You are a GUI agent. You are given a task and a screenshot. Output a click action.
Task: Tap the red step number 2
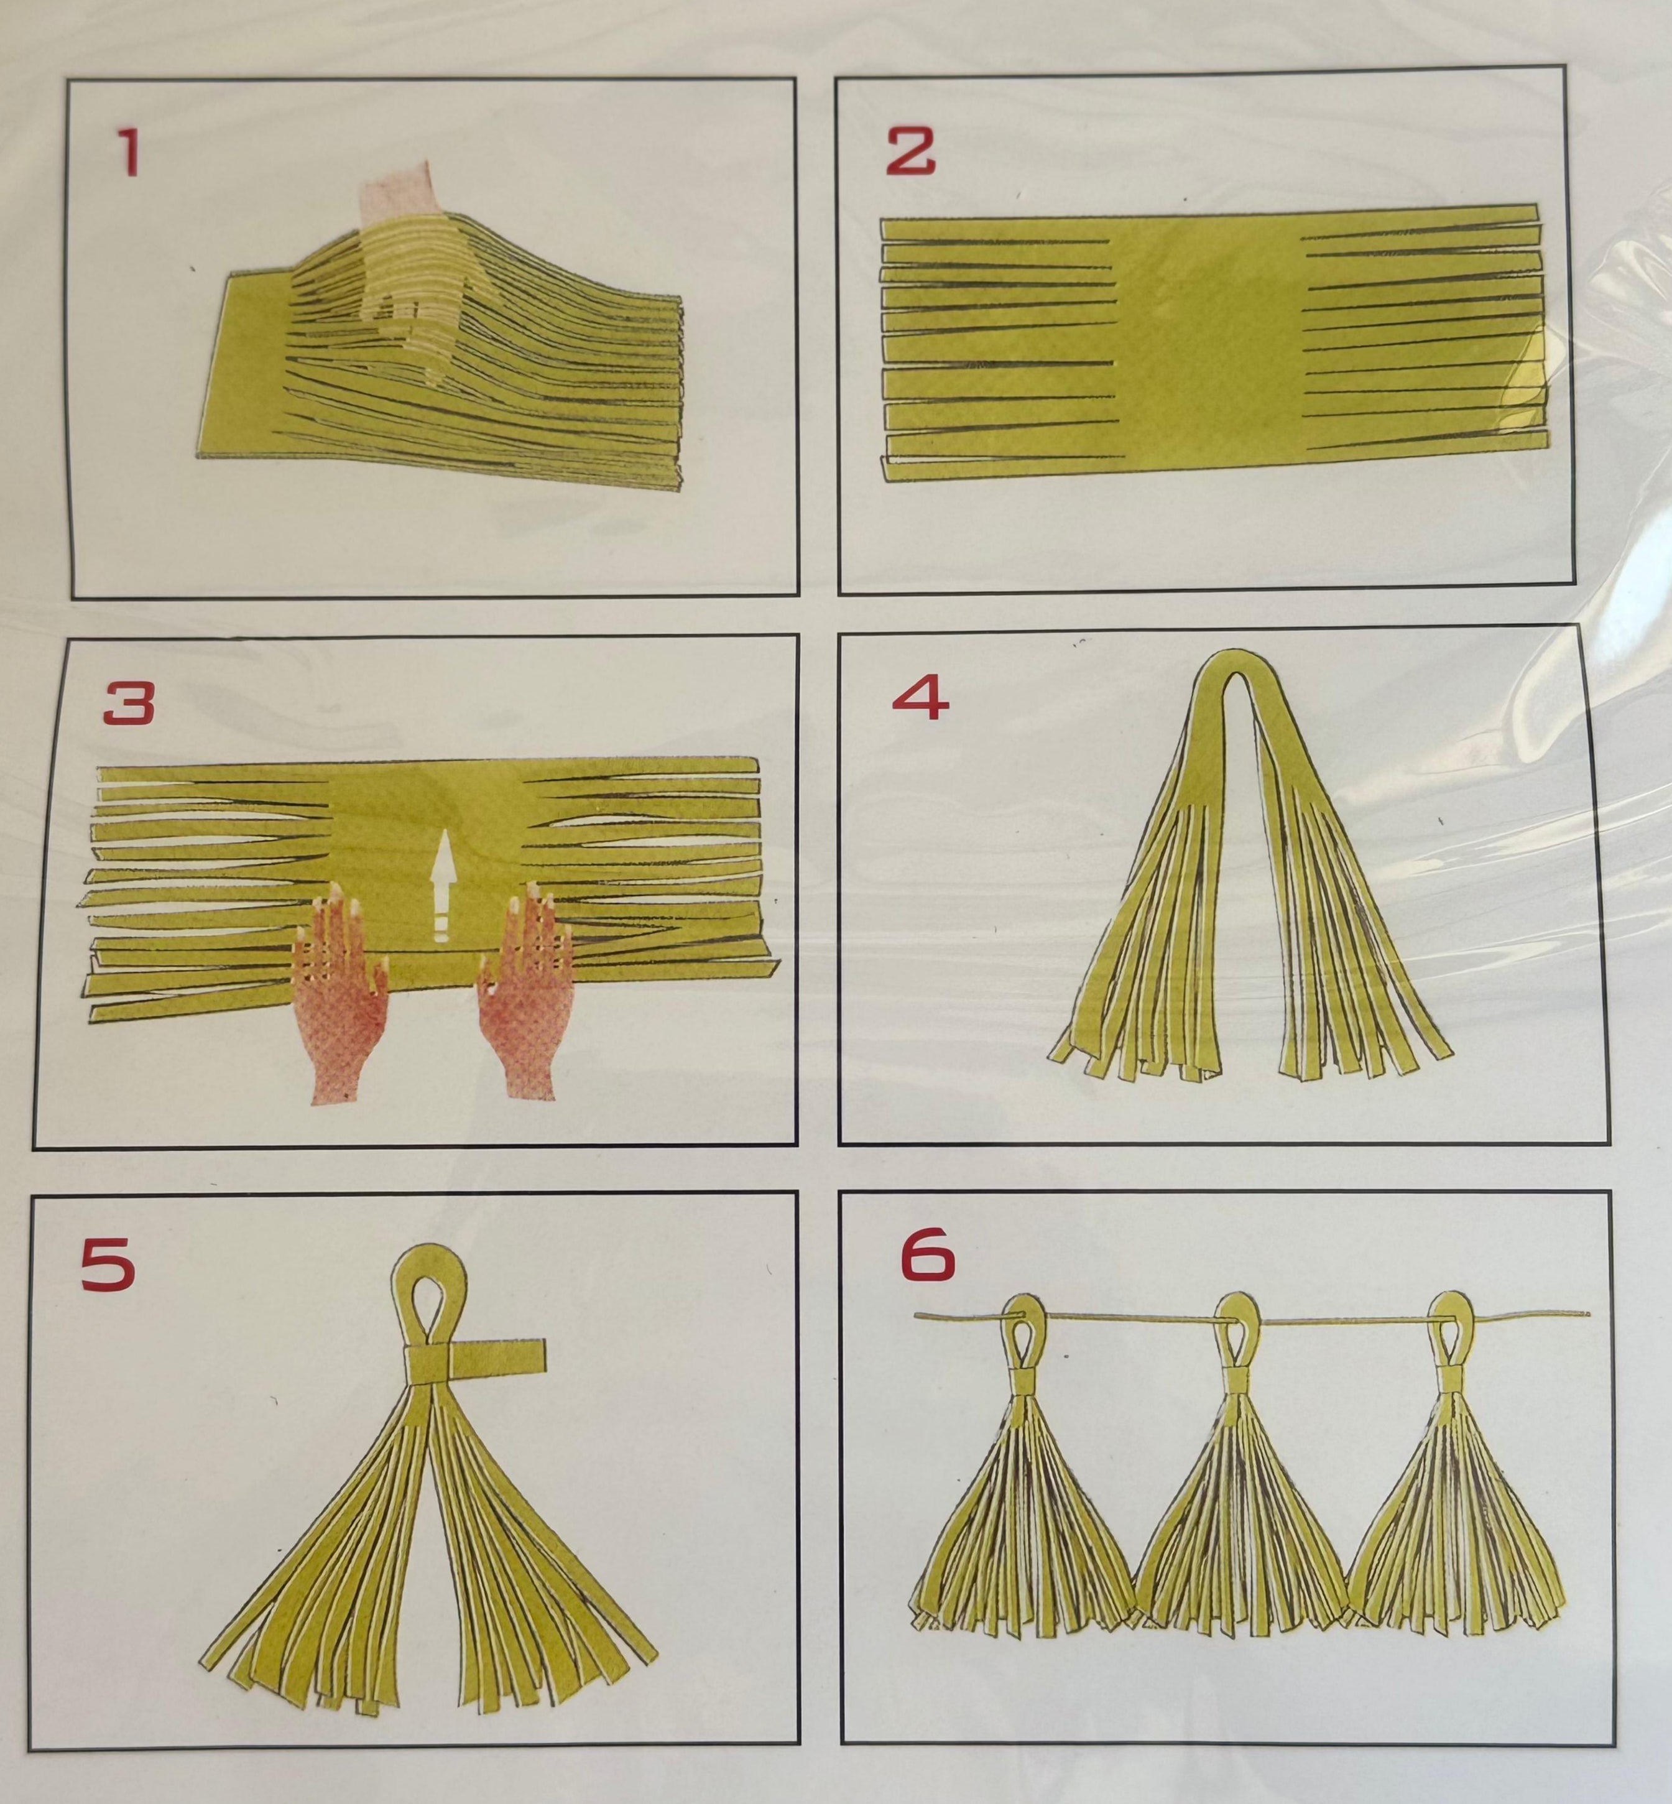pyautogui.click(x=910, y=150)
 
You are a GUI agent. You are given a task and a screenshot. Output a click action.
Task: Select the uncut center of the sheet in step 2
pyautogui.click(x=1204, y=348)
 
